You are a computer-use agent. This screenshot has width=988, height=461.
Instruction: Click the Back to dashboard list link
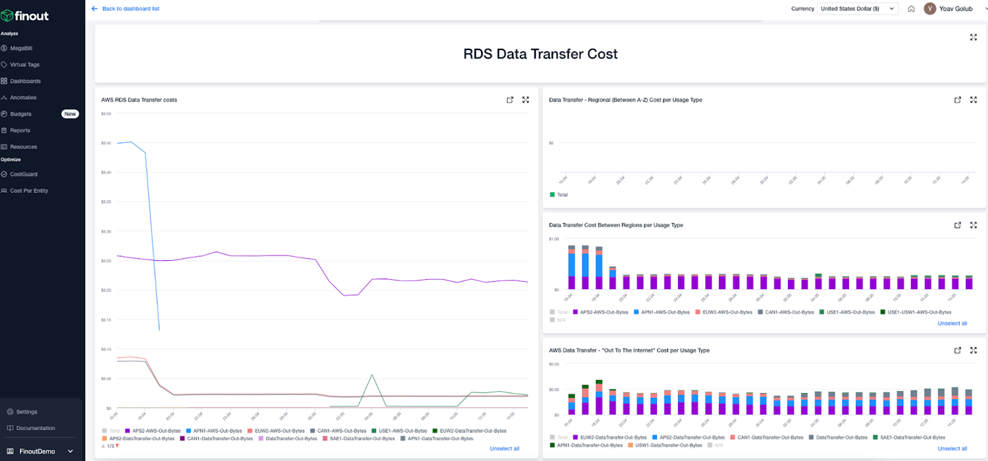130,9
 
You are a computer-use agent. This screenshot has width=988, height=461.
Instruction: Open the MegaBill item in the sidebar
20,48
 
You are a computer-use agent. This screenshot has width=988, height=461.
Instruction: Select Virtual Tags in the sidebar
24,65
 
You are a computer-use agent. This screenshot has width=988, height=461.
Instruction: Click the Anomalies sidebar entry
23,97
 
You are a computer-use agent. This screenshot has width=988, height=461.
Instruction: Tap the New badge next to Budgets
70,114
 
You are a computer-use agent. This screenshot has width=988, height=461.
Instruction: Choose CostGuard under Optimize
23,175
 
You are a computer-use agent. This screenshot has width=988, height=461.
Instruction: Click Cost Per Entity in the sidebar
28,191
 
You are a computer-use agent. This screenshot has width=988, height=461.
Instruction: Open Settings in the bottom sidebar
26,412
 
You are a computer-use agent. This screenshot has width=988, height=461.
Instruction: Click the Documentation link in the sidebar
35,428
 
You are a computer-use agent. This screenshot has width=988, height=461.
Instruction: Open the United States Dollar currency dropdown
858,9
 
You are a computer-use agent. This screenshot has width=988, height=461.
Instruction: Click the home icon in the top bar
911,9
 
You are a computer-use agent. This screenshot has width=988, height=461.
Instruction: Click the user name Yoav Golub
956,9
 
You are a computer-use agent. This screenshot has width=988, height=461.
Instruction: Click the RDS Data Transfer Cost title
540,54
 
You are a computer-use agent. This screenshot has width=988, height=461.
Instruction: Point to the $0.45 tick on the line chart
106,143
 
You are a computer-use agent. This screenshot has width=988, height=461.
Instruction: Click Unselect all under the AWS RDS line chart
504,448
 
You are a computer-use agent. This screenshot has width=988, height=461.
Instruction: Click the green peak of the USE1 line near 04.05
372,375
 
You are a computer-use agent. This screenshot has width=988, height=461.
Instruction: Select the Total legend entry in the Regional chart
561,195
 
